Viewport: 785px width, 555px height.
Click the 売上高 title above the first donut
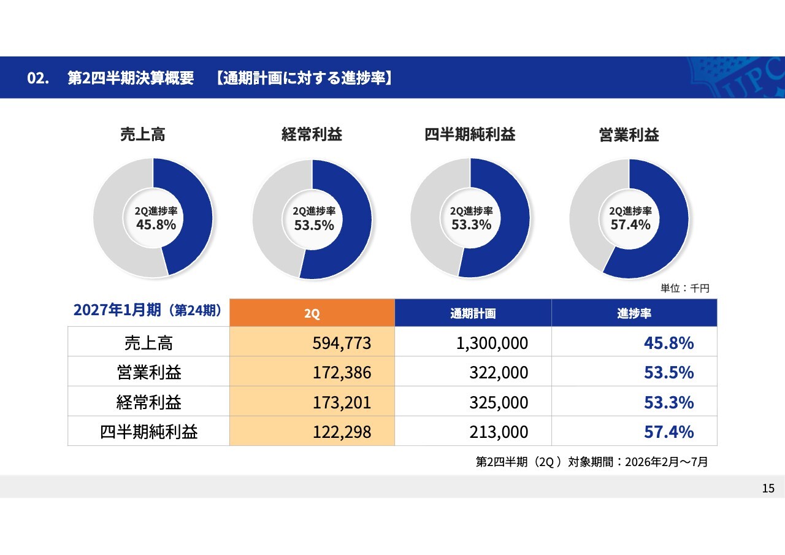point(143,134)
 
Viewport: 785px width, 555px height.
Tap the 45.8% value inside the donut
point(156,224)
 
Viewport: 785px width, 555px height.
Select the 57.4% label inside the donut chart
point(630,224)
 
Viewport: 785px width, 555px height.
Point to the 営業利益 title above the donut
point(629,135)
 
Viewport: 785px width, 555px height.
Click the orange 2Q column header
point(312,313)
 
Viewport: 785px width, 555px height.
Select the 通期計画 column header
point(473,313)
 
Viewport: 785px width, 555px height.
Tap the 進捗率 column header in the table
point(634,313)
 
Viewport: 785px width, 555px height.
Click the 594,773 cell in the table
point(342,343)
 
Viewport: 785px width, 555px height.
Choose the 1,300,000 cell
point(492,343)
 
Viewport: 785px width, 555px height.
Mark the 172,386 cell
point(342,372)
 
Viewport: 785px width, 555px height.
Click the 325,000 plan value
point(499,402)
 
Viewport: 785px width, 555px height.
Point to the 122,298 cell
point(342,432)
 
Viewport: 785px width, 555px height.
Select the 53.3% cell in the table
point(669,402)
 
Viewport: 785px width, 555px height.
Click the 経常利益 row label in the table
point(149,402)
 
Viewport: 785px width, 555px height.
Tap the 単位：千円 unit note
point(685,288)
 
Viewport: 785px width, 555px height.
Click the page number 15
point(768,488)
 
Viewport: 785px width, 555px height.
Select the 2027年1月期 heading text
point(117,310)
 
